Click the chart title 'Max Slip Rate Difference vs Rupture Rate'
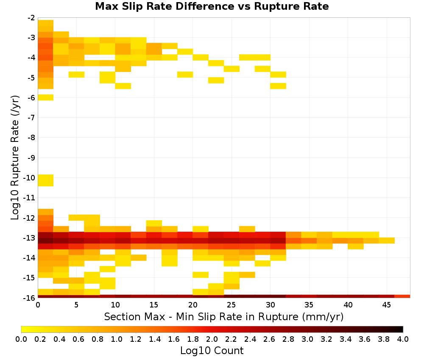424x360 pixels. point(212,6)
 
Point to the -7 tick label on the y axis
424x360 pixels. point(31,117)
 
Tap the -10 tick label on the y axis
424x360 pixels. point(29,178)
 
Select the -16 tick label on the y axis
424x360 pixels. point(29,298)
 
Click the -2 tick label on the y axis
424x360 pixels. point(31,18)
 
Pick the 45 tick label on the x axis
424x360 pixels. point(386,305)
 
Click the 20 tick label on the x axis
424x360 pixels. point(193,305)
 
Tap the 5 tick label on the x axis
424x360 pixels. point(76,305)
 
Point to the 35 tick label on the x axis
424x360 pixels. point(309,305)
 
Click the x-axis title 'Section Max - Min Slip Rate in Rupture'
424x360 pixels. point(202,316)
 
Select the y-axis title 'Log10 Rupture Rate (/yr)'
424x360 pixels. point(15,158)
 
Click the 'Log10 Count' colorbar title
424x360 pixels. point(212,351)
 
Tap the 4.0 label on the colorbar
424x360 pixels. point(403,339)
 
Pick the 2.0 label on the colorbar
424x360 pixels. point(212,339)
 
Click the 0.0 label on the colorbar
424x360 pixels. point(21,339)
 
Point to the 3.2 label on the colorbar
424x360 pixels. point(326,339)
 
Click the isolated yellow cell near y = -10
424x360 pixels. point(46,180)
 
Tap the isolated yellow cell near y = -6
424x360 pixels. point(46,97)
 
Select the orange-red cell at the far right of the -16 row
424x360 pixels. point(402,296)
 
